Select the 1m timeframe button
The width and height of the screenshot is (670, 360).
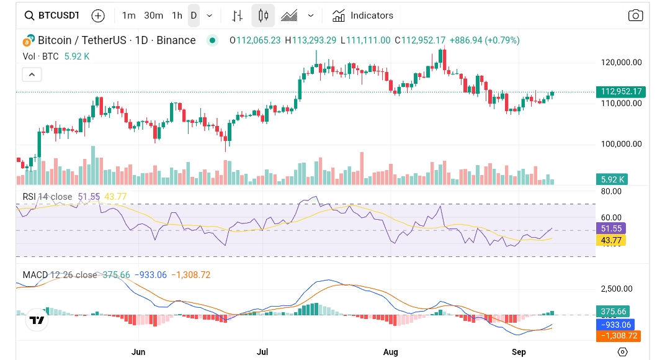coord(128,16)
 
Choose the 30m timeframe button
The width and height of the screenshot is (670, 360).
coord(153,16)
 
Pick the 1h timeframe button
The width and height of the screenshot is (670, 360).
coord(177,16)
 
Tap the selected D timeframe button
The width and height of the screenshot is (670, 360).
coord(194,16)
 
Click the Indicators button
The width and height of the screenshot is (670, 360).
coord(363,16)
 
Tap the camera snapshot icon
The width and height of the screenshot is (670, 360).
coord(635,16)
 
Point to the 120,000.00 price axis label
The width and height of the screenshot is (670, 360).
coord(621,63)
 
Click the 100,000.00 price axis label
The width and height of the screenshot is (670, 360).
coord(621,144)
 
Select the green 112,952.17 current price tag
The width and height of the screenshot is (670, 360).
coord(620,92)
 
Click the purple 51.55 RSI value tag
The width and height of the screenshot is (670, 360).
coord(610,228)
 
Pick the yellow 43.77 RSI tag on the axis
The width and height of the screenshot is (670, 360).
coord(610,240)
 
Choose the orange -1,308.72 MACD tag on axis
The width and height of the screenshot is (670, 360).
coord(618,336)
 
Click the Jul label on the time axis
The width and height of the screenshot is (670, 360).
coord(262,352)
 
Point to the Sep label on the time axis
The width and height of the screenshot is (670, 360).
coord(519,352)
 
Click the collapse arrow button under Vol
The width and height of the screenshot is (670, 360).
coord(32,75)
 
